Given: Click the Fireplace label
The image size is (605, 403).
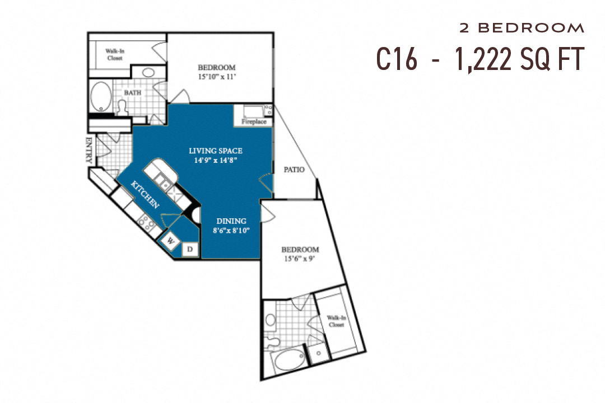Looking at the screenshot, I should [253, 121].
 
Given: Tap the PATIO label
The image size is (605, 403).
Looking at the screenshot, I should [294, 170].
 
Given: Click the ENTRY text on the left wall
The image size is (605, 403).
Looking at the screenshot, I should [89, 150].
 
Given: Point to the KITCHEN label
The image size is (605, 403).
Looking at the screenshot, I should [145, 195].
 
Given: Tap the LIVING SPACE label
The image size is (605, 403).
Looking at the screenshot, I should [216, 155].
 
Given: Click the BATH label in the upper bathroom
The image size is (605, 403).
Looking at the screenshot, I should [133, 92].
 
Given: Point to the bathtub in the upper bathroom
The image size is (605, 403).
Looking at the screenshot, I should [101, 97].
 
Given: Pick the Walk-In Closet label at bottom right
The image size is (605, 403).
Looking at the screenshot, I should [336, 321].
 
